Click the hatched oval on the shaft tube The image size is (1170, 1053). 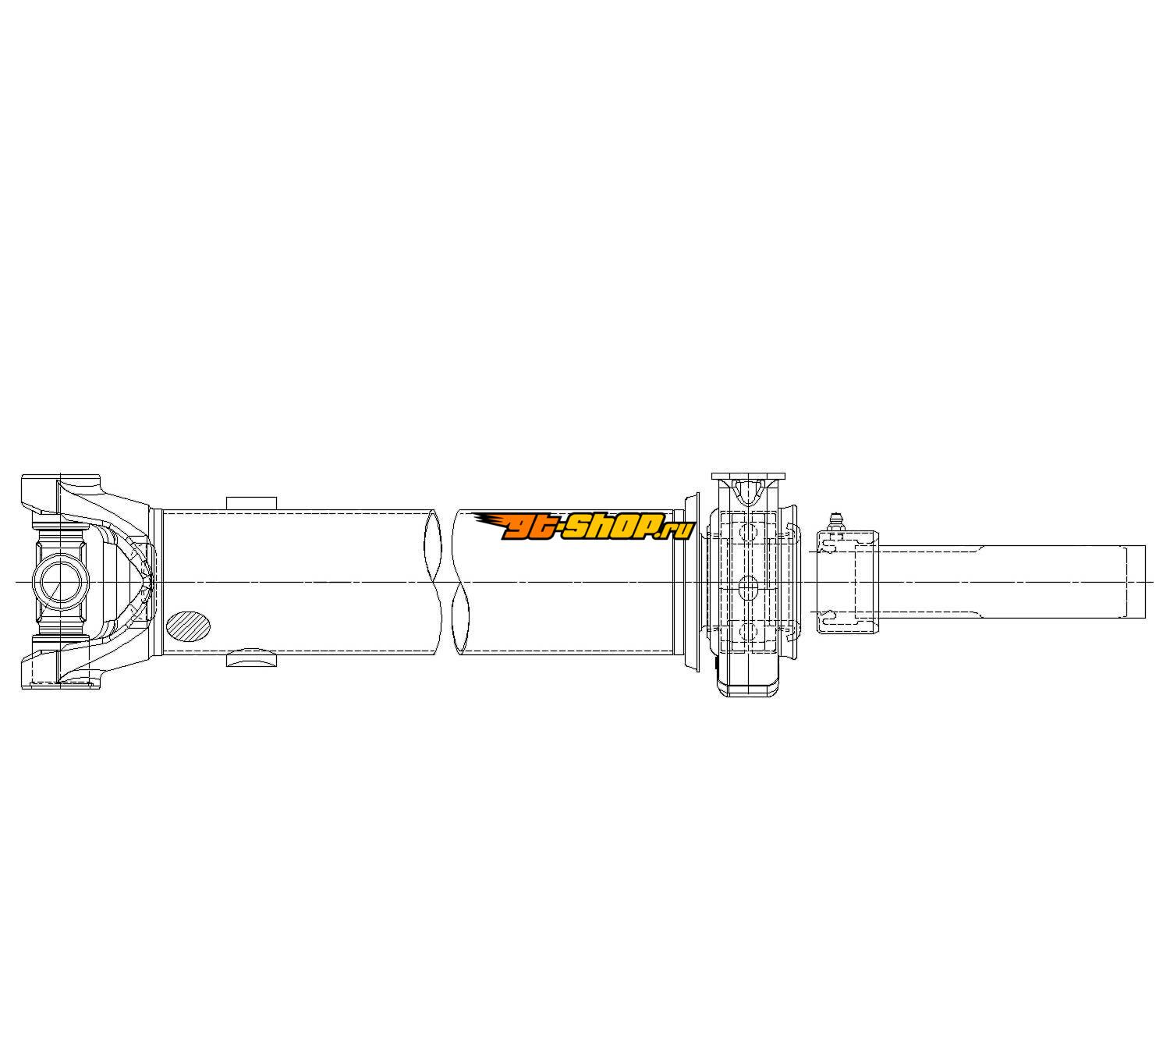coord(188,626)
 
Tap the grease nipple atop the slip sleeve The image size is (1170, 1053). coord(837,522)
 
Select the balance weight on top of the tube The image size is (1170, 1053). coord(251,503)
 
